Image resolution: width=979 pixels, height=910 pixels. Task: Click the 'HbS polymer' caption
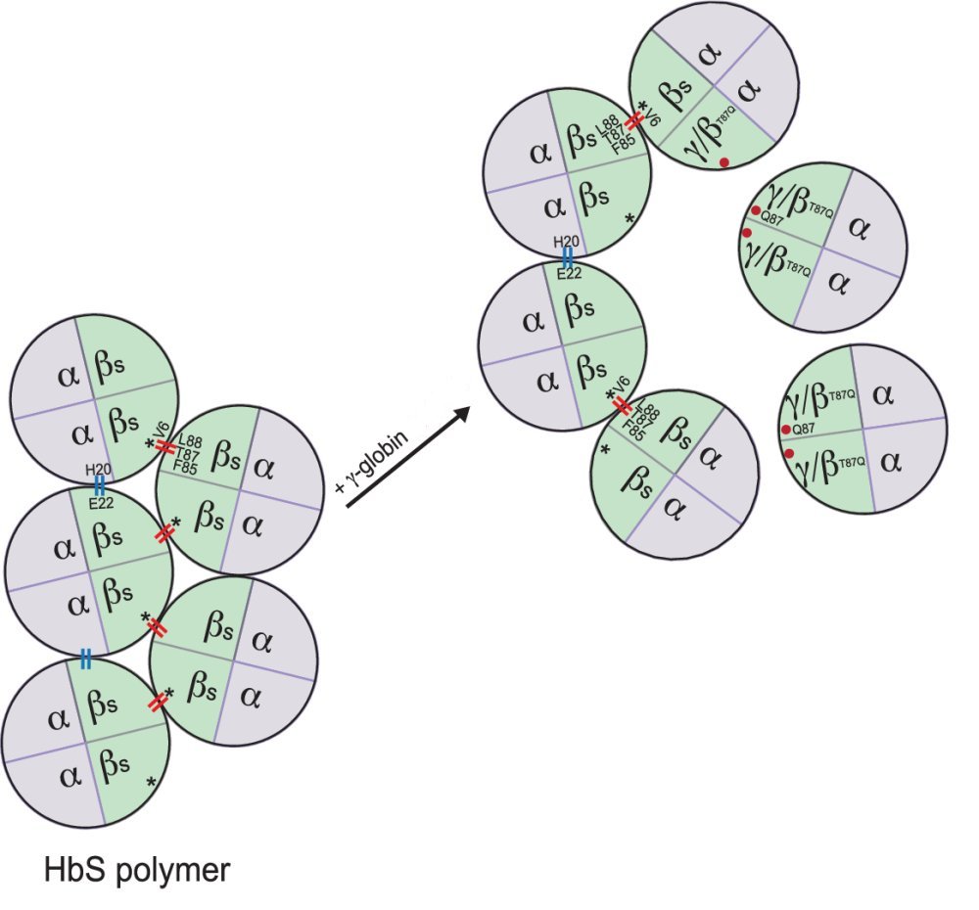tap(136, 869)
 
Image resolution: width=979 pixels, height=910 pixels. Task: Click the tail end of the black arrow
tap(348, 506)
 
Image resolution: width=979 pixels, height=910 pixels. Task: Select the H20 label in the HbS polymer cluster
tap(99, 471)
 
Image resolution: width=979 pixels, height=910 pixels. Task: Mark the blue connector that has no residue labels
tap(86, 660)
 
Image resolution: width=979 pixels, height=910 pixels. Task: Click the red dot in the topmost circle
tap(723, 162)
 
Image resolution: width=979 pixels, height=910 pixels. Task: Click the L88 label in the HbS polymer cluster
tap(192, 441)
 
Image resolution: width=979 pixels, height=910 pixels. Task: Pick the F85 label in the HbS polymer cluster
tap(184, 466)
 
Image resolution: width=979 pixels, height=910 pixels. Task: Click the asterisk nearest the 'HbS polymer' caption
tap(151, 782)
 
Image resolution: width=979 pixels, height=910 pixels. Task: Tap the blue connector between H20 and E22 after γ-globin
tap(567, 257)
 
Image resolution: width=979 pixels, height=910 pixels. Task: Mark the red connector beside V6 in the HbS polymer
tap(165, 447)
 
